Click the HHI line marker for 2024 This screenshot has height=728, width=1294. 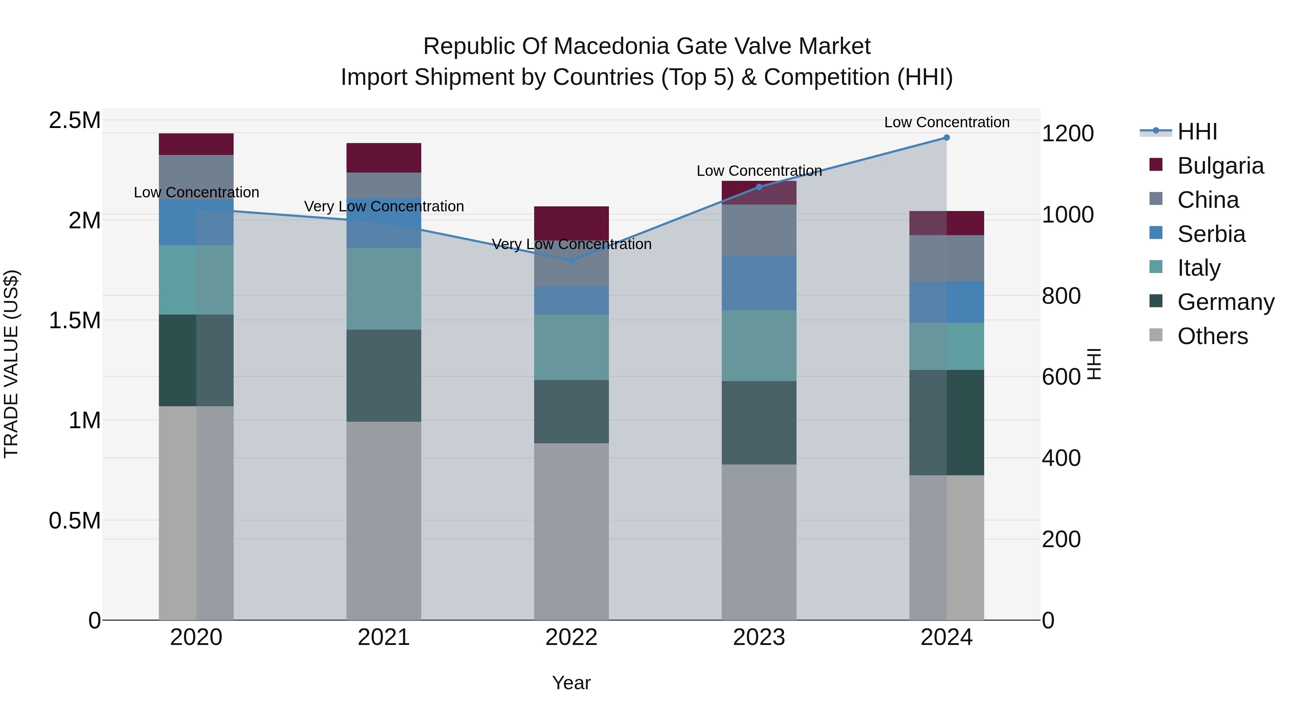pos(946,137)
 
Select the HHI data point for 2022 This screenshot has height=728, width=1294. pos(571,260)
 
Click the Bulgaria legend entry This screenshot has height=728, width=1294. pos(1220,166)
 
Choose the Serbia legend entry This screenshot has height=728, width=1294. pos(1211,234)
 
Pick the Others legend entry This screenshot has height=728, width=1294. pos(1212,336)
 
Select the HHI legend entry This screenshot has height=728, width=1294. pos(1197,132)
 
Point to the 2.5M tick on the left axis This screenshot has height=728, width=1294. pos(74,120)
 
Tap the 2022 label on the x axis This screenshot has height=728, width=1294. pos(571,637)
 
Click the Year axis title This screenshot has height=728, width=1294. pos(571,683)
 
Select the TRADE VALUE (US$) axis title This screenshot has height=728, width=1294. pos(11,364)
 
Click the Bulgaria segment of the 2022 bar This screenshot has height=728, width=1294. pos(571,223)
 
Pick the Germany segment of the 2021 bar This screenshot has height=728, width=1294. pos(384,375)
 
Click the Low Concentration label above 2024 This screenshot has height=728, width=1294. pos(946,122)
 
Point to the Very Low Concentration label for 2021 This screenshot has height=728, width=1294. pos(384,206)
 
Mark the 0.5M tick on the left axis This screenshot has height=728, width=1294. pos(74,521)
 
